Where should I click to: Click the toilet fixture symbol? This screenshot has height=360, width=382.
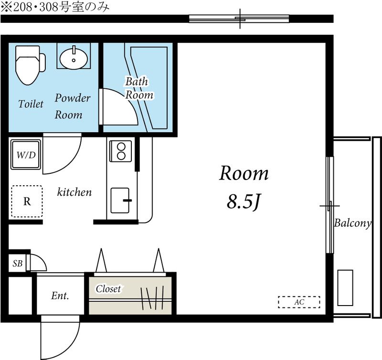coord(30,65)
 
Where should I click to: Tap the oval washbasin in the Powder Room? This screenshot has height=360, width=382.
coord(74,58)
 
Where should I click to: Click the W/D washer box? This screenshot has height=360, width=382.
coord(26,154)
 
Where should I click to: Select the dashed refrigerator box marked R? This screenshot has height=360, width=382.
coord(27,201)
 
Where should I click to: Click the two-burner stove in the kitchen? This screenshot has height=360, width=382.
coord(121,151)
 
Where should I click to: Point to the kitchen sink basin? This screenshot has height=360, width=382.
coord(120,201)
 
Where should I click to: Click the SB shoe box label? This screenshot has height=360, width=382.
coord(18,263)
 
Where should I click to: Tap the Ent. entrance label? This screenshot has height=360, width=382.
coord(60,296)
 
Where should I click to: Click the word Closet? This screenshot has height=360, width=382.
coord(108,289)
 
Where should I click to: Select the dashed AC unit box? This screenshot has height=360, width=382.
coord(299,302)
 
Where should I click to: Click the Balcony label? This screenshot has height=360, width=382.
coord(352,223)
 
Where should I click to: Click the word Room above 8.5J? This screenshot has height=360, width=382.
coord(244,173)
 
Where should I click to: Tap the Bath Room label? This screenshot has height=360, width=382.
coord(139,88)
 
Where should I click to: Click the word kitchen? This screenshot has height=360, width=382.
coord(74,192)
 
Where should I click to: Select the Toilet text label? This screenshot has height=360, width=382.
coord(31,104)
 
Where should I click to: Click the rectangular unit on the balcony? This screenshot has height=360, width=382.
coord(345,287)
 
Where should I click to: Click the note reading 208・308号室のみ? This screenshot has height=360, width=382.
coord(55,7)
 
